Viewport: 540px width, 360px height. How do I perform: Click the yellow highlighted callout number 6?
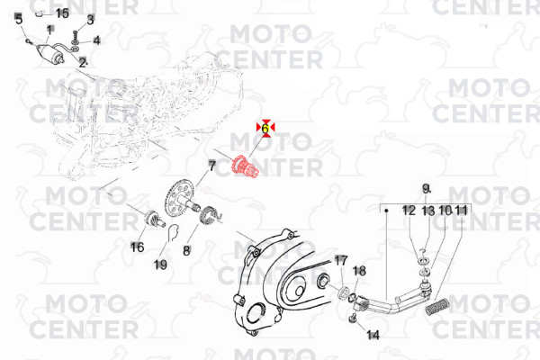click(x=265, y=128)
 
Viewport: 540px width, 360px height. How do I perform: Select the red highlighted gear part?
click(x=244, y=167)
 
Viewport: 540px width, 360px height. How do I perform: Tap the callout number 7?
click(x=211, y=166)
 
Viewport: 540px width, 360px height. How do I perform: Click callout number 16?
click(x=137, y=247)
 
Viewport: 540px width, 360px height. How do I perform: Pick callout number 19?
click(x=160, y=265)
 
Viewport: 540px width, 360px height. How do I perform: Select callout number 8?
click(x=186, y=250)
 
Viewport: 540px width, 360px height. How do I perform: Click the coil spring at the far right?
click(x=436, y=307)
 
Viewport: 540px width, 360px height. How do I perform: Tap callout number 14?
click(x=373, y=335)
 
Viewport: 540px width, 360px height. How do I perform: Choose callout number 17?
click(x=341, y=260)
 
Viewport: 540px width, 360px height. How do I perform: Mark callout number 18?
click(x=359, y=271)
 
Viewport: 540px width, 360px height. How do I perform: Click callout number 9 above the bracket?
click(x=427, y=189)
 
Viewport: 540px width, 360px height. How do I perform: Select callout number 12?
click(x=409, y=210)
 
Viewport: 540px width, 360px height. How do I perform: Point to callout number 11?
click(x=462, y=210)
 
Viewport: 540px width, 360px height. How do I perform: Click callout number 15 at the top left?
click(x=62, y=13)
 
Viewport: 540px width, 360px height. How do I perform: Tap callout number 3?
click(x=90, y=20)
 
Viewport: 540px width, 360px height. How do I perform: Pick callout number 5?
click(x=19, y=19)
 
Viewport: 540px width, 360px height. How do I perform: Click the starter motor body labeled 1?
click(x=50, y=54)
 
